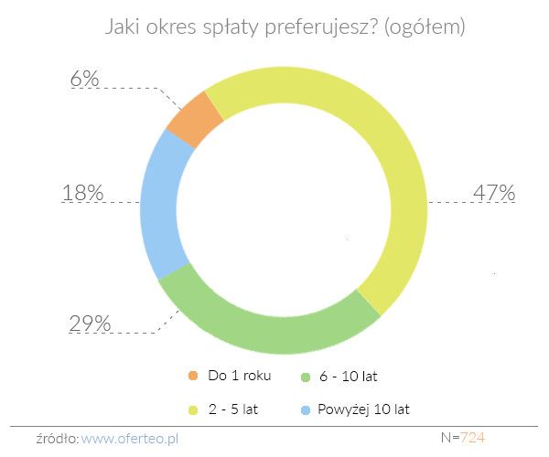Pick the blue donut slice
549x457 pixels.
[161, 206]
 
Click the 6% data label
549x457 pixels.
[84, 80]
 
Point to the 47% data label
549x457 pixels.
[494, 194]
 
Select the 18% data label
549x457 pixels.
[82, 194]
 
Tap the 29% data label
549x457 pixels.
[90, 324]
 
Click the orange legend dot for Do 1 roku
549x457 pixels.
[192, 376]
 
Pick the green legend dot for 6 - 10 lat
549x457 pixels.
[306, 376]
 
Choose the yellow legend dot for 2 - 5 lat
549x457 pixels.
[192, 409]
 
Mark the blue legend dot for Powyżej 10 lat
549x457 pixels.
[306, 409]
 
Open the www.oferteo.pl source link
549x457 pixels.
[142, 438]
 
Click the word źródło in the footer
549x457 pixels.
[58, 438]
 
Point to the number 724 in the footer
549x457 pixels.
[472, 438]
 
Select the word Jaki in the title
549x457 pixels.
[102, 28]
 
